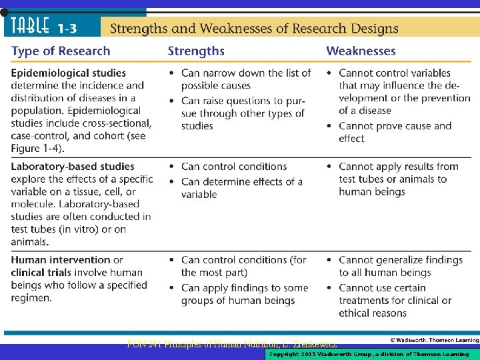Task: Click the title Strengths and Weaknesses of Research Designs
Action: pos(253,28)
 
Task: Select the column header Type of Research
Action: pos(60,51)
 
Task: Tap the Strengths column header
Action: pos(196,51)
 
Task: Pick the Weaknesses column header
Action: pos(361,51)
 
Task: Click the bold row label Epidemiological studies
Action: pos(68,73)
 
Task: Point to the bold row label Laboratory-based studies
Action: pos(72,166)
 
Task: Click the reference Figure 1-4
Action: pos(35,148)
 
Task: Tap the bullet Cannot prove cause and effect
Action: pos(395,132)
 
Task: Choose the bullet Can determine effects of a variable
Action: pos(241,187)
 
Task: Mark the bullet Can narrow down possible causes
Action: pos(245,79)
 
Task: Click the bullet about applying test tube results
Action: pos(398,179)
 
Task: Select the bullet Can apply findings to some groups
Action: pos(244,294)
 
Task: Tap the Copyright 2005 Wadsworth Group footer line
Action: pos(369,354)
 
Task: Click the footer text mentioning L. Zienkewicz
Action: pos(232,345)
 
